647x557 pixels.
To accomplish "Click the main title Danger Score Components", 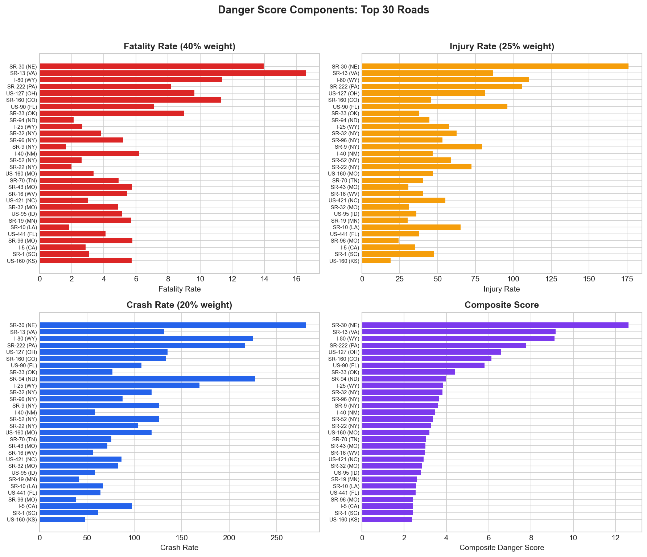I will pyautogui.click(x=323, y=10).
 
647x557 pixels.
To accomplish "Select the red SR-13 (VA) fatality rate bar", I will pyautogui.click(x=173, y=73).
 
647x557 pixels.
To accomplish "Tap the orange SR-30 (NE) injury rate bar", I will pyautogui.click(x=495, y=66).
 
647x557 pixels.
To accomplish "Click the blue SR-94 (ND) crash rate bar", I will pyautogui.click(x=147, y=379).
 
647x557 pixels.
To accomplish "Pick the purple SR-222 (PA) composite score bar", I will pyautogui.click(x=444, y=345).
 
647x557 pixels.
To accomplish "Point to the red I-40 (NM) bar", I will pyautogui.click(x=89, y=153).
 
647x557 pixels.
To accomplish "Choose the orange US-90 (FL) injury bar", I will pyautogui.click(x=434, y=107).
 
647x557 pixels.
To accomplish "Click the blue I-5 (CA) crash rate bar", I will pyautogui.click(x=86, y=506).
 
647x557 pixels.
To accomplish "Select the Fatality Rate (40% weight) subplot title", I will pyautogui.click(x=180, y=46).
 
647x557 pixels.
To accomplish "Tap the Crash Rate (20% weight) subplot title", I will pyautogui.click(x=180, y=305).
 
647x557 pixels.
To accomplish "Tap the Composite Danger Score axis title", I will pyautogui.click(x=502, y=548).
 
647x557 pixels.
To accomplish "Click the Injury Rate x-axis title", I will pyautogui.click(x=502, y=289).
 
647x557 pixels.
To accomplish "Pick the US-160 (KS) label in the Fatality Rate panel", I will pyautogui.click(x=22, y=261).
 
